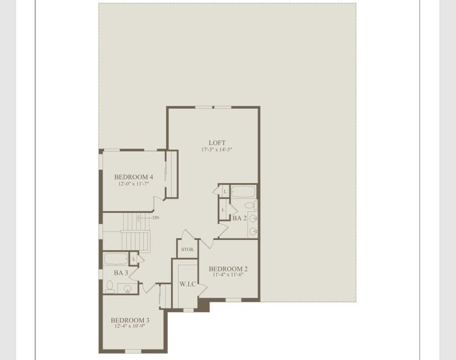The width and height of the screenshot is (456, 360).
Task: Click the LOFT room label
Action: click(x=217, y=143)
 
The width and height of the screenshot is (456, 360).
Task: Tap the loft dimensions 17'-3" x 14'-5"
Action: click(x=217, y=150)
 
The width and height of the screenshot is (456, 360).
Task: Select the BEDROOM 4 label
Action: click(x=133, y=177)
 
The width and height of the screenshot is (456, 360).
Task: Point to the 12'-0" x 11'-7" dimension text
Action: click(x=133, y=184)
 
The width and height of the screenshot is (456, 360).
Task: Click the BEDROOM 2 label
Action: click(x=228, y=269)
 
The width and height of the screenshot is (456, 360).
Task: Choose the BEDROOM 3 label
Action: click(x=129, y=320)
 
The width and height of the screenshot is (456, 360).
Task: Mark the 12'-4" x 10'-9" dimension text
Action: click(x=129, y=326)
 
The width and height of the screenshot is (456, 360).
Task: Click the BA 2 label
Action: click(x=239, y=218)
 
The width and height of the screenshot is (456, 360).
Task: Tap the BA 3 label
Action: click(x=121, y=273)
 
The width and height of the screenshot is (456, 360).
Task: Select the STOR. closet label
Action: click(x=188, y=249)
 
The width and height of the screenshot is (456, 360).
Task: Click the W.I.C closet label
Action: click(x=188, y=284)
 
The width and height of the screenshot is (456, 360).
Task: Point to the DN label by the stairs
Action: click(x=156, y=218)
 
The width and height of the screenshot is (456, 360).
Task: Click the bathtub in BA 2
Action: click(x=243, y=192)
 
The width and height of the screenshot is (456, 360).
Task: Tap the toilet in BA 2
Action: click(x=250, y=206)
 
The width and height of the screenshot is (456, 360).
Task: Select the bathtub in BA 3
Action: click(x=116, y=258)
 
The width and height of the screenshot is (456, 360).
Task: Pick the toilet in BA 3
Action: click(x=110, y=286)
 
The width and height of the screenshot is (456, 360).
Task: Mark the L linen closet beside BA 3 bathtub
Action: click(x=133, y=258)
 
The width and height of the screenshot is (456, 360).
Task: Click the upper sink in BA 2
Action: click(x=253, y=219)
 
